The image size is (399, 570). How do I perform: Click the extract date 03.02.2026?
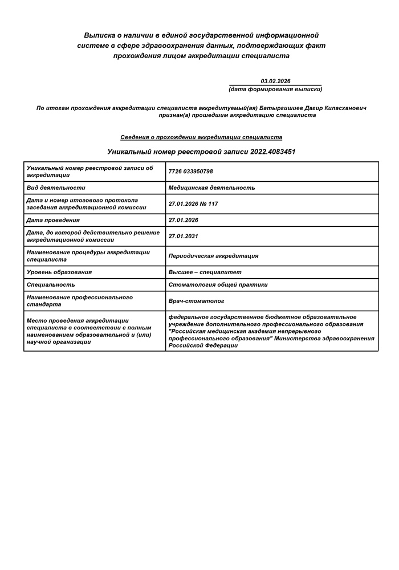pos(275,82)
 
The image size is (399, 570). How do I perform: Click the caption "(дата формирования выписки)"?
pos(275,89)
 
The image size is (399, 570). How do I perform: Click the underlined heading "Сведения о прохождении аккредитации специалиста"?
pos(201,137)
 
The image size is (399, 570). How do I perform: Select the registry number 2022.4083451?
pos(272,152)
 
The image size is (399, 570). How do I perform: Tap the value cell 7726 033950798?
pos(191,172)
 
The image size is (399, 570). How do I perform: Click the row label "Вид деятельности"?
pos(56,188)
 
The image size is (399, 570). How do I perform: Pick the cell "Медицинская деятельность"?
pos(212,188)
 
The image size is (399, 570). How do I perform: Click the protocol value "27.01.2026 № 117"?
pos(194,204)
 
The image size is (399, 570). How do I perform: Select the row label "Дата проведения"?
pos(53,220)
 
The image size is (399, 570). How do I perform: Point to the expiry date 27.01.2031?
pos(184,236)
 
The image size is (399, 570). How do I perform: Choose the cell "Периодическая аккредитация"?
pos(214,256)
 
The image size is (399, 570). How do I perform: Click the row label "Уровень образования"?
pos(59,272)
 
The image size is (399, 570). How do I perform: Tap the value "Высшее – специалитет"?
pos(205,272)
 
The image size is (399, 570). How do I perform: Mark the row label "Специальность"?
pos(51,284)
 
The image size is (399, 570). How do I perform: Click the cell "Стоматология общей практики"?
pos(218,284)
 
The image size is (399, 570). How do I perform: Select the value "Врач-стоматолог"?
pos(197,301)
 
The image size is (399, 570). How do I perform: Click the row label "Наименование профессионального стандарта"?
pos(80,301)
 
